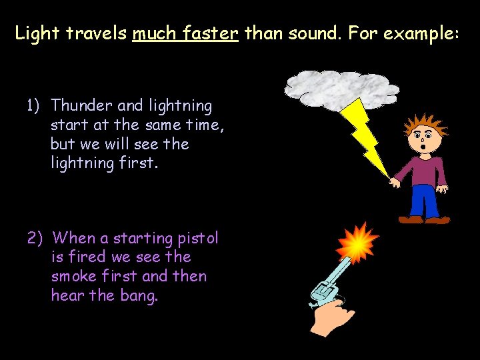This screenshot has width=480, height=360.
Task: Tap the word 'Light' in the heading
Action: click(x=36, y=33)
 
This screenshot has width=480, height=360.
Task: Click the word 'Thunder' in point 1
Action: click(x=81, y=105)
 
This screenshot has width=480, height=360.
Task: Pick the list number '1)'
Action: click(x=33, y=105)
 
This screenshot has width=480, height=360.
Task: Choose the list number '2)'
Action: click(x=35, y=238)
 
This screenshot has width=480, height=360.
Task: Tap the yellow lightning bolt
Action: click(x=366, y=136)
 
